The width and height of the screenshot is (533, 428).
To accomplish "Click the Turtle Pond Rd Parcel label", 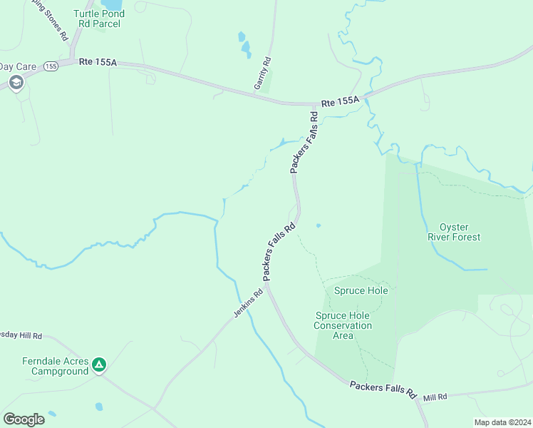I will tap(97, 19).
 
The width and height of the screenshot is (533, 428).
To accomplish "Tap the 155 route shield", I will tap(51, 66).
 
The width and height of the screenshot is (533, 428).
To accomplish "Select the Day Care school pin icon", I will tap(16, 83).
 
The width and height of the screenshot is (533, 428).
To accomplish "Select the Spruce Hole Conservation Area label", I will tap(343, 325).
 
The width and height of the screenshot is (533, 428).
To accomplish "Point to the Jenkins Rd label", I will tap(248, 303).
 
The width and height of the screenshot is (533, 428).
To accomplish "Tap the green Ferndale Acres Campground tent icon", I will tap(100, 366).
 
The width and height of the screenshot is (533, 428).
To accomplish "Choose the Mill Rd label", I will tap(434, 397).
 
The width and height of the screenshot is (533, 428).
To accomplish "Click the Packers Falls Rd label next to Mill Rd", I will tap(383, 389).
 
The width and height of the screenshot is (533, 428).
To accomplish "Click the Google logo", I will tap(24, 419).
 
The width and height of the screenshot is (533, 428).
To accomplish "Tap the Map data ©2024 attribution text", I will tap(502, 422).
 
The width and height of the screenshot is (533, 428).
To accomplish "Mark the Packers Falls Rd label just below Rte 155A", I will tap(303, 141).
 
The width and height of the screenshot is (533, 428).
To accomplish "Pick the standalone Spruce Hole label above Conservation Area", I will tap(361, 291).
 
